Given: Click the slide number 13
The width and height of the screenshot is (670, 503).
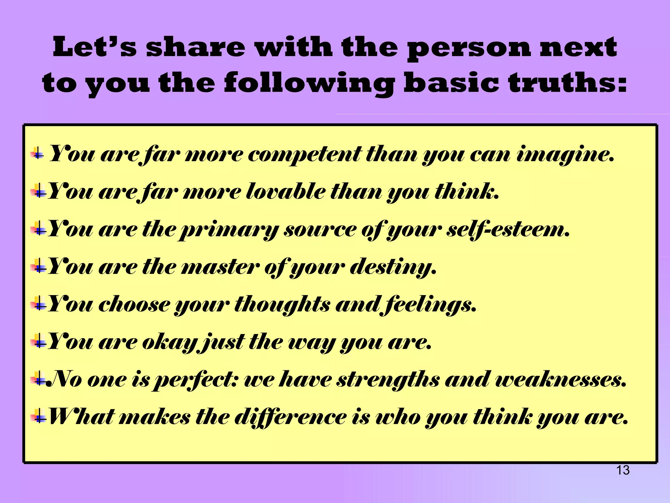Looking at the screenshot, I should coord(623,470).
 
